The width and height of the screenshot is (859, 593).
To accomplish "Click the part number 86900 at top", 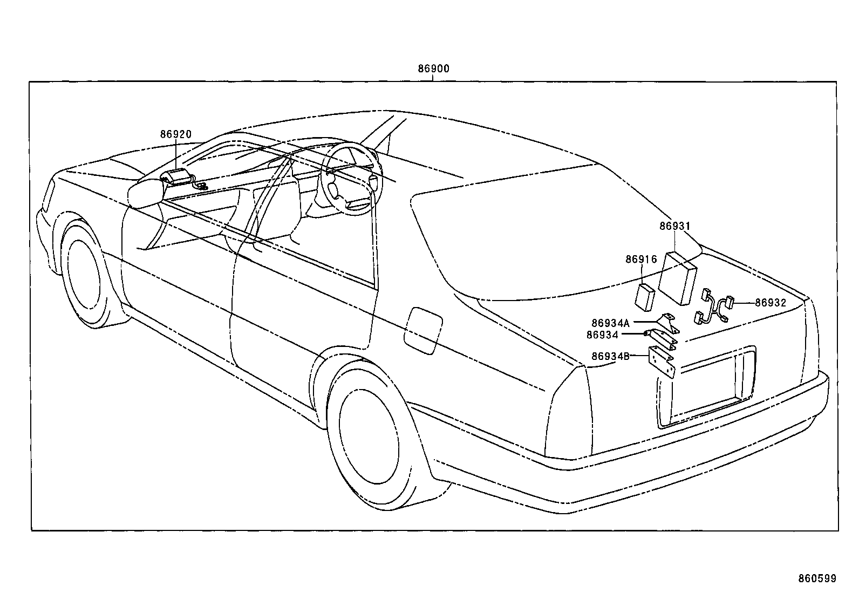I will coord(433,69).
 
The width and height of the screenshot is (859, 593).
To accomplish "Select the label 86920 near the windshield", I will coord(175,134).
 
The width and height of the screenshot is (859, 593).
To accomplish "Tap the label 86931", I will coord(674,226).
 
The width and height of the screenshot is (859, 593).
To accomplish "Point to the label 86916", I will coord(641,260).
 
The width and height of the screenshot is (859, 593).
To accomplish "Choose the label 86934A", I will coord(610,323).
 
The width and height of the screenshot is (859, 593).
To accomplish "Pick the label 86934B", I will coord(610,356).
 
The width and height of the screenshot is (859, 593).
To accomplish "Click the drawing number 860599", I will coord(817,578).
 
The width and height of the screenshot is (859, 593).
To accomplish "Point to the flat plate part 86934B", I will coord(662,364).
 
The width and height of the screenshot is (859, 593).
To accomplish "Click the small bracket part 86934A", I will coord(671,322).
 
